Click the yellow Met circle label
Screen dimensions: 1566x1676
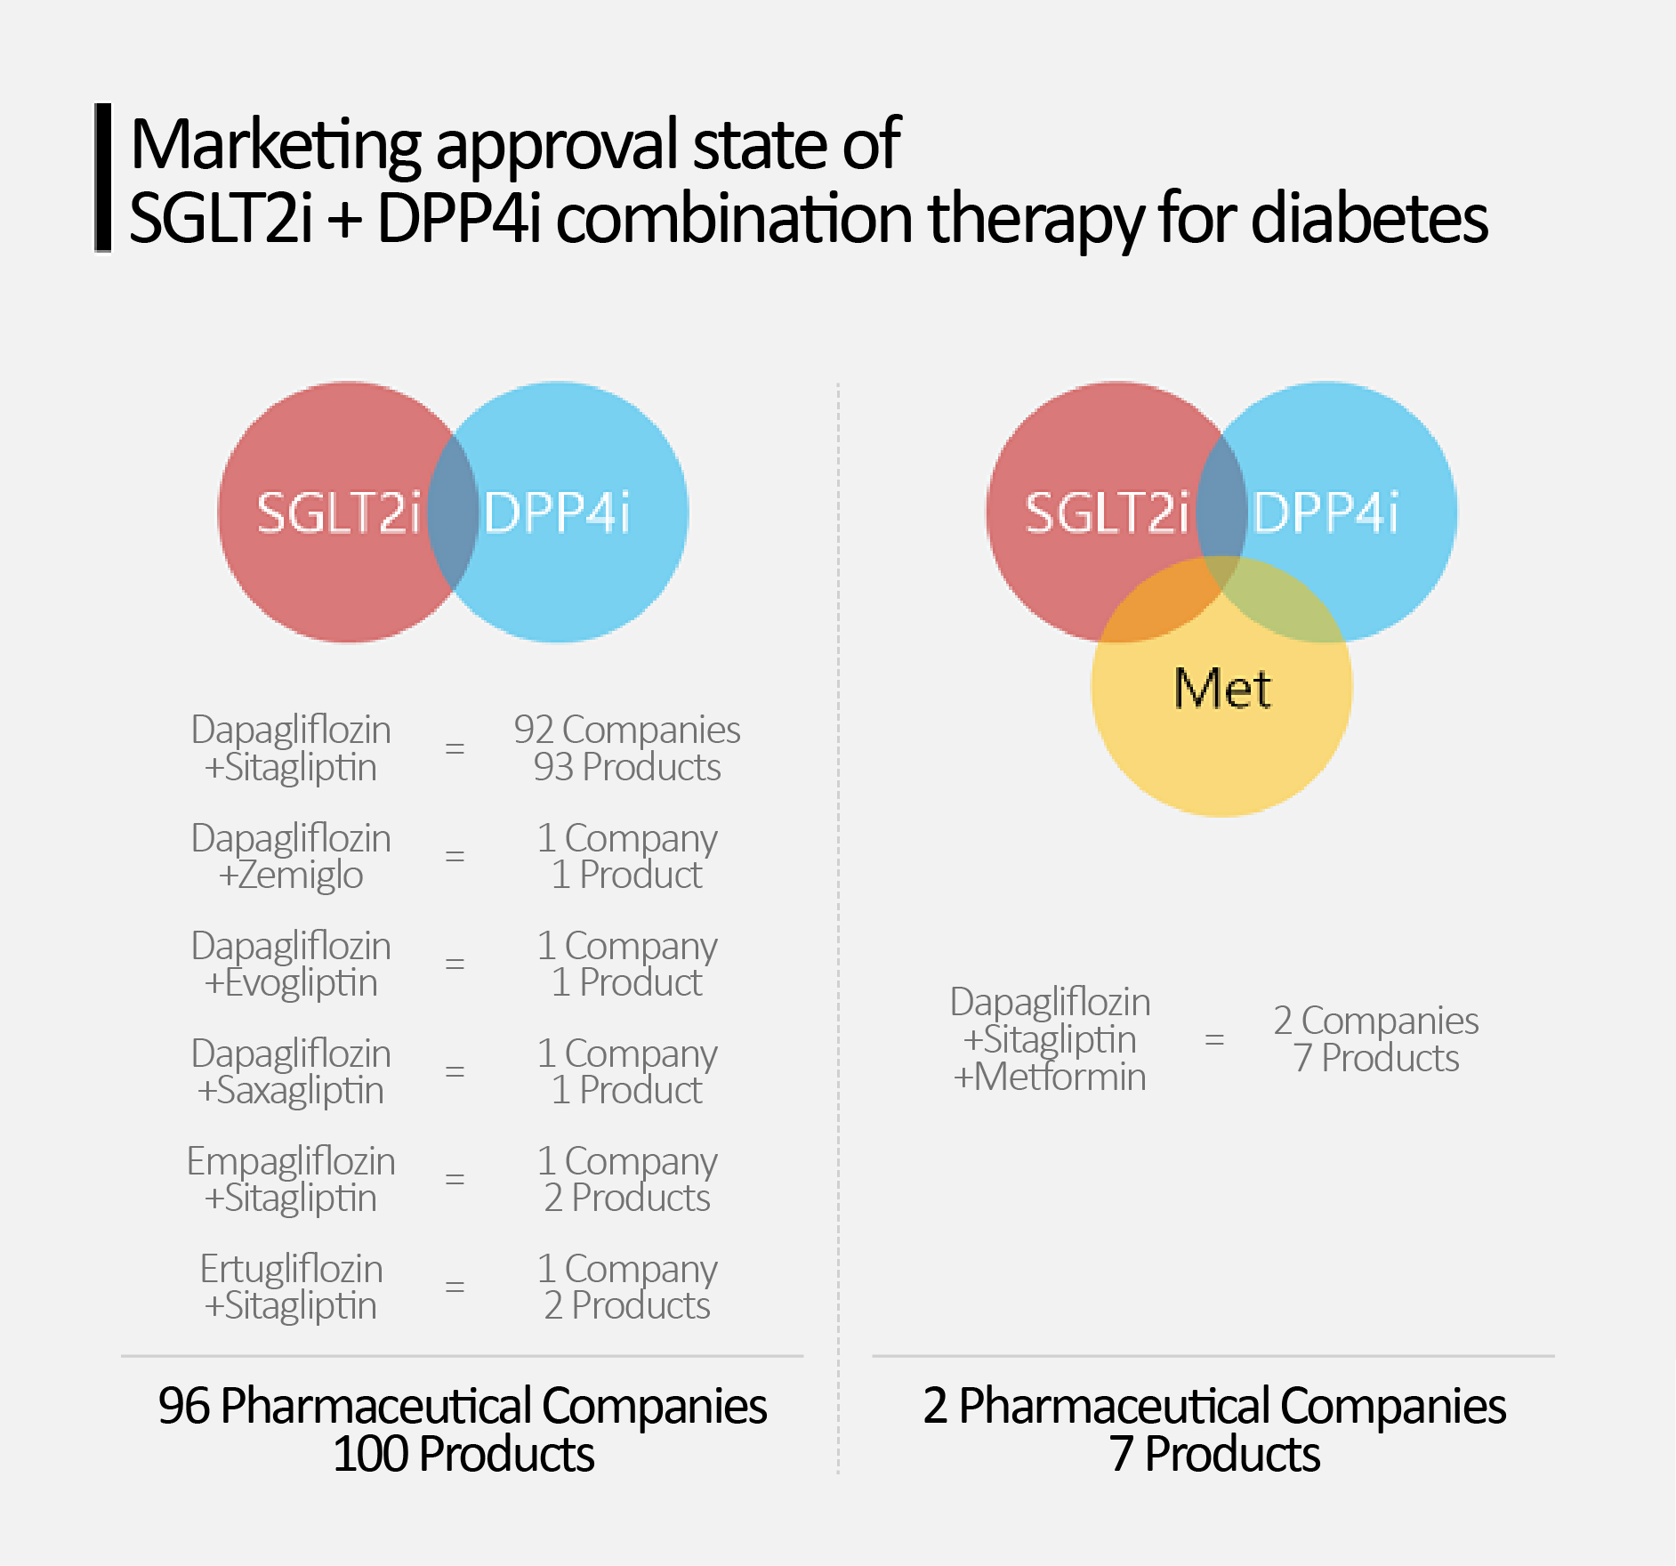pos(1222,689)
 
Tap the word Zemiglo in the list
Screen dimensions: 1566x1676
pos(300,876)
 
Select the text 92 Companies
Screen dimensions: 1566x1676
pos(626,730)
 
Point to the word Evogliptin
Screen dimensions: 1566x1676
pos(301,983)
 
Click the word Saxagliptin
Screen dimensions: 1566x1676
pos(300,1091)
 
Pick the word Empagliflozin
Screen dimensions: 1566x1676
pos(291,1161)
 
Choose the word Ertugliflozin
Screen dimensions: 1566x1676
pos(291,1269)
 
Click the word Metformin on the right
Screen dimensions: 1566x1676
pos(1060,1078)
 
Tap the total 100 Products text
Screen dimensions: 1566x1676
pos(463,1455)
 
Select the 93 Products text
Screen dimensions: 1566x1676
pos(626,767)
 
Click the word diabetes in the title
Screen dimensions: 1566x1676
pos(1369,218)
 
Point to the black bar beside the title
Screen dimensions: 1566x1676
pos(103,177)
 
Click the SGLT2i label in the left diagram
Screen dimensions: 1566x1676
pos(338,513)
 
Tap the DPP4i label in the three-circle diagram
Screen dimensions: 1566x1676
pos(1325,513)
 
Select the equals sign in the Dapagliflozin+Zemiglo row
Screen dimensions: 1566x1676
pos(455,856)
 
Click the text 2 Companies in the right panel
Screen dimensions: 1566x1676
pos(1375,1021)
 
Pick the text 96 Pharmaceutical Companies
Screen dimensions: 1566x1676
pos(463,1407)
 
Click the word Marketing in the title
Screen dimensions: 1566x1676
pos(276,144)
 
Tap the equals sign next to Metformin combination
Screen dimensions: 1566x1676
pos(1214,1038)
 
